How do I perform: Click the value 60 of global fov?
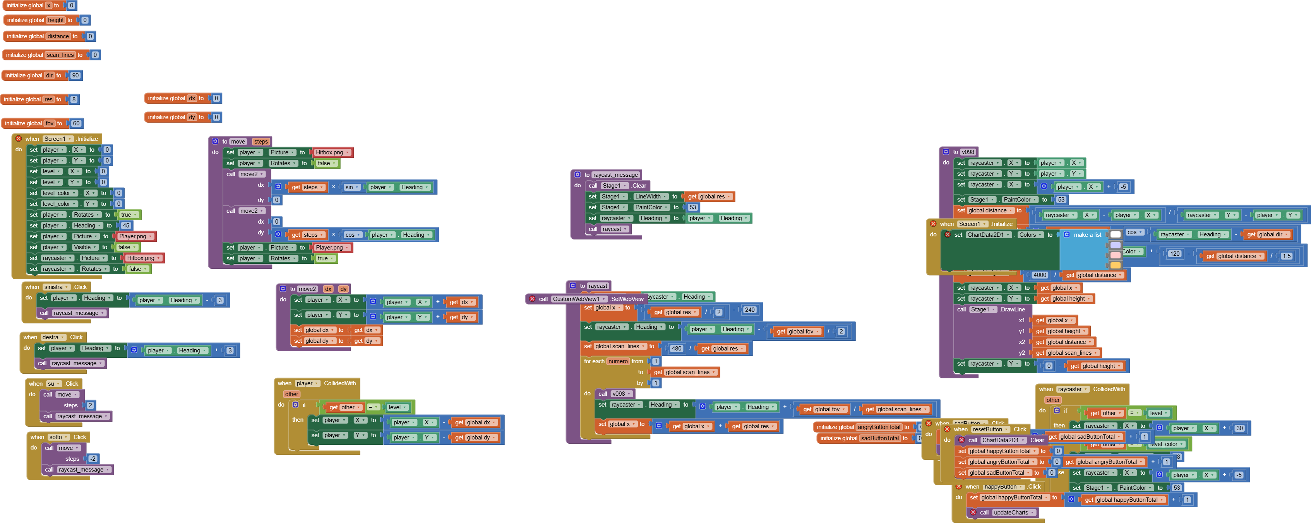[x=76, y=123]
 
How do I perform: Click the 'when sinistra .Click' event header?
[x=33, y=287]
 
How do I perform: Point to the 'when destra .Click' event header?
[x=31, y=337]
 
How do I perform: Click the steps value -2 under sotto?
[x=93, y=458]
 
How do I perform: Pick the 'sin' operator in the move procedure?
[x=349, y=187]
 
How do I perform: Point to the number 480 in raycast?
[x=676, y=349]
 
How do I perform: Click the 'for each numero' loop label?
[x=594, y=361]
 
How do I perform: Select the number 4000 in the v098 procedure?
[x=1040, y=275]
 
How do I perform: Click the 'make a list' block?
[x=1087, y=234]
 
